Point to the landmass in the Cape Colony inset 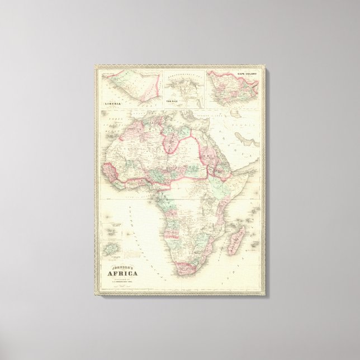(x=232, y=89)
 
